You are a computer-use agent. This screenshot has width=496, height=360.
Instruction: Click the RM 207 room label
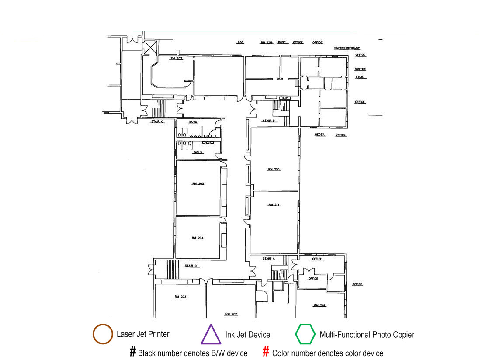coord(176,59)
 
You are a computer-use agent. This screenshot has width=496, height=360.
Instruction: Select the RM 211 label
coord(274,204)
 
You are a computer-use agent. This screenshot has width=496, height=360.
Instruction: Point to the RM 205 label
coord(198,184)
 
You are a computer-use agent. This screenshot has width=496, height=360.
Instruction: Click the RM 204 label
coord(198,238)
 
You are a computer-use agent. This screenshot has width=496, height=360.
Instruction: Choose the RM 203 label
coord(180,297)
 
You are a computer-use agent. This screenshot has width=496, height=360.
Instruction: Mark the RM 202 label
coord(231,314)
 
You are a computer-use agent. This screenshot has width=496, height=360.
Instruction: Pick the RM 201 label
coord(320,305)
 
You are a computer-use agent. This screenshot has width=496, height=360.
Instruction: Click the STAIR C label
coord(157,122)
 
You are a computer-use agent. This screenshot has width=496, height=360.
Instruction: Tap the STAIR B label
coord(268,121)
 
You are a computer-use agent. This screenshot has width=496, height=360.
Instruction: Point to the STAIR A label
coord(269,259)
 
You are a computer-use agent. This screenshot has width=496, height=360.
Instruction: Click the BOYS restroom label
coord(193,122)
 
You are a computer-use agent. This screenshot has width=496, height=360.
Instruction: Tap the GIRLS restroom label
coord(198,152)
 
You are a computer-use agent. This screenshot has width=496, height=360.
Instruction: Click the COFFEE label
coord(360,69)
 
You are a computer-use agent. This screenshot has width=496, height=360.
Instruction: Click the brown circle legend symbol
coord(103,335)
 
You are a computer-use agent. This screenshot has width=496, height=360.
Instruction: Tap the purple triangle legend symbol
coord(211,335)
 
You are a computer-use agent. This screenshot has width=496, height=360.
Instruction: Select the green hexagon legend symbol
coord(305,335)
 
